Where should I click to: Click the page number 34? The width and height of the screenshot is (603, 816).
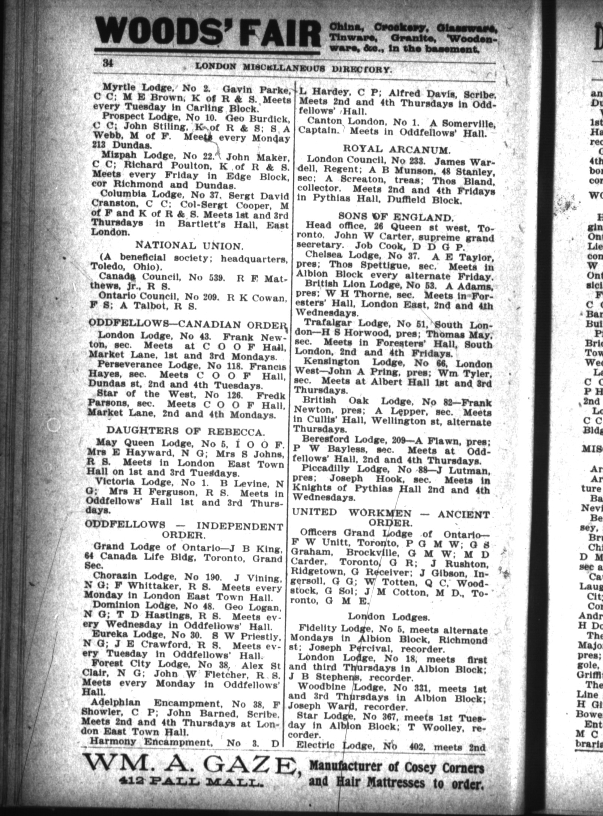coord(108,63)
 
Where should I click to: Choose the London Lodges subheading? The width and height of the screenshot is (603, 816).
coord(389,616)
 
